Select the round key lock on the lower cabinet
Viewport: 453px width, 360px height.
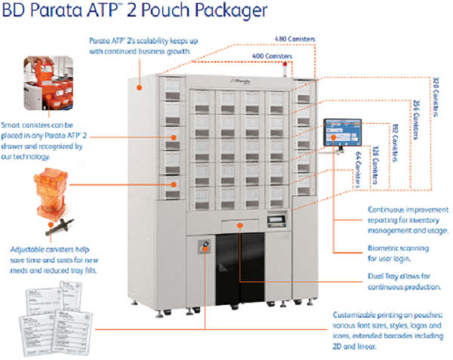click(203, 244)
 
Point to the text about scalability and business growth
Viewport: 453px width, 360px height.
click(139, 47)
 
